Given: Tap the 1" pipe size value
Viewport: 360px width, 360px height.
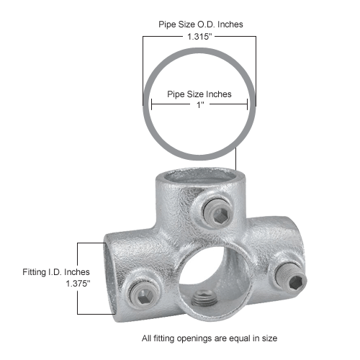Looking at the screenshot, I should point(199,105).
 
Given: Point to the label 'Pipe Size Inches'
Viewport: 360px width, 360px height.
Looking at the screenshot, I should point(199,94).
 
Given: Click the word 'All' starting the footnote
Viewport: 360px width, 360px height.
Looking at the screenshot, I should point(148,337).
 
